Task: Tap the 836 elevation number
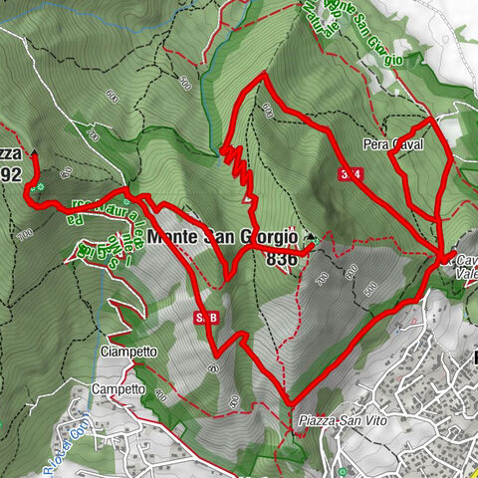tap(282, 258)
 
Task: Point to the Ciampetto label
tap(128, 352)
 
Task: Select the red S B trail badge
tap(205, 318)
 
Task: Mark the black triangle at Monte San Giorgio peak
tap(311, 237)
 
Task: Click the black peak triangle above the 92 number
tap(35, 153)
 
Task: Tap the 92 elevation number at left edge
tap(11, 173)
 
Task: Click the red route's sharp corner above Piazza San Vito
tap(290, 403)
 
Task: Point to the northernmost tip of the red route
tap(262, 76)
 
